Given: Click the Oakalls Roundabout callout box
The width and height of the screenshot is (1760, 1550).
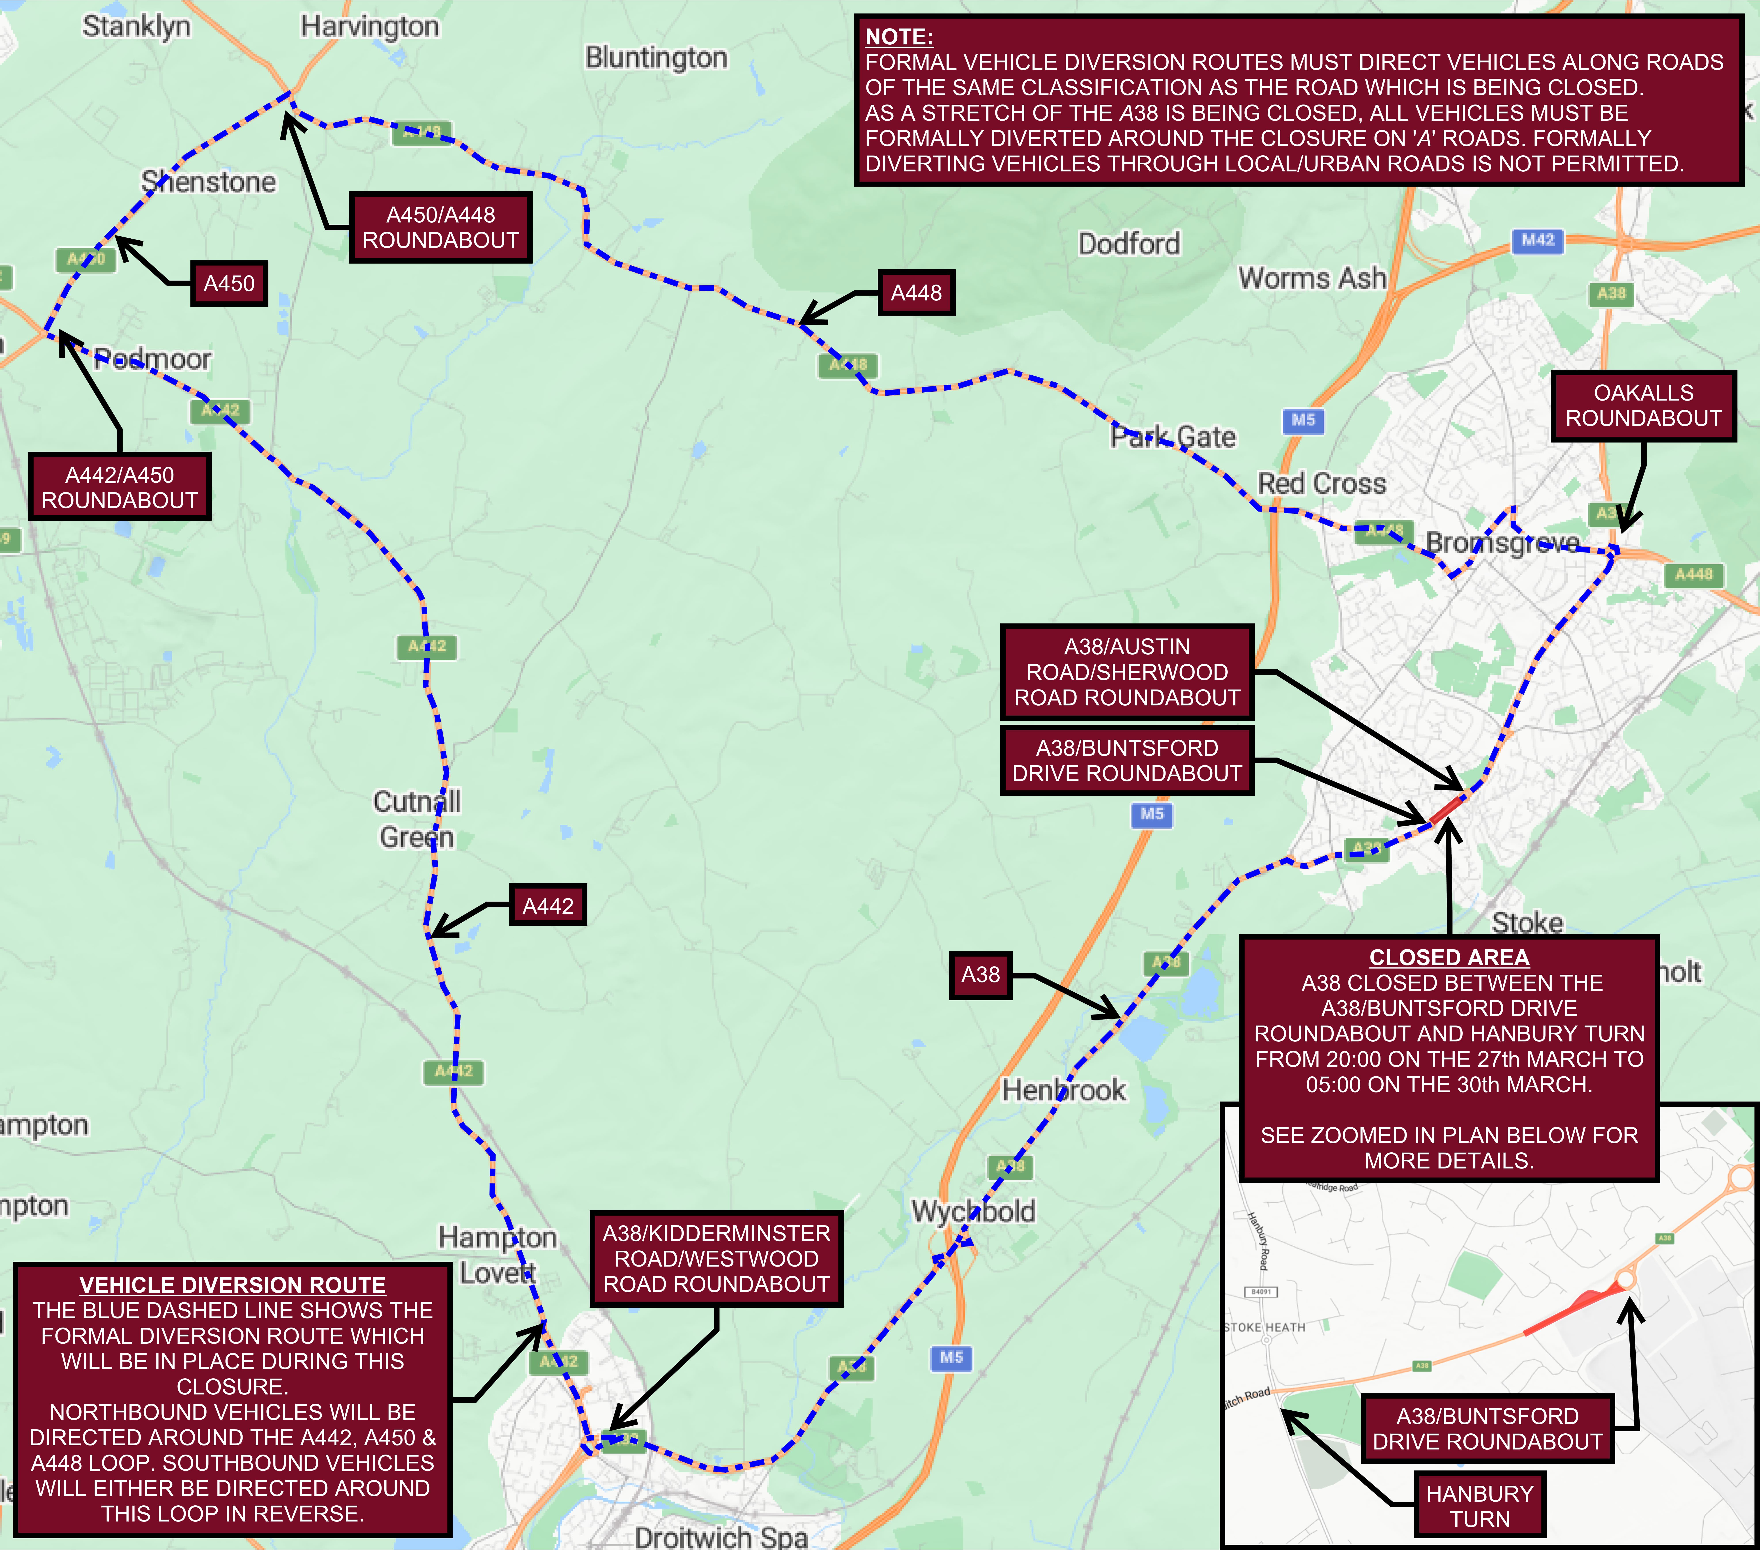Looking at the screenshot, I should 1643,406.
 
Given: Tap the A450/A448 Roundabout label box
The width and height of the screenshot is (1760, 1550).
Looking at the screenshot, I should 440,227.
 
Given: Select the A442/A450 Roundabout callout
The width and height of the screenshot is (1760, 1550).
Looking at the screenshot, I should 120,487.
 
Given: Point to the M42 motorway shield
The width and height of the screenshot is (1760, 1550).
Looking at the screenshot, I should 1538,240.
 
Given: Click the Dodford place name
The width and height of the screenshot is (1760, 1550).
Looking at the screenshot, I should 1129,244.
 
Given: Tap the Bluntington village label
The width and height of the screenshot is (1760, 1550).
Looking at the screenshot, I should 656,58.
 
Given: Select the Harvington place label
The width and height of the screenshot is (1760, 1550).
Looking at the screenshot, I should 369,27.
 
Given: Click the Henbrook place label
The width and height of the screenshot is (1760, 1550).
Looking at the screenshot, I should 1063,1090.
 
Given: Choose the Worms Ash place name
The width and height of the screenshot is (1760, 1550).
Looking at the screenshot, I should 1311,278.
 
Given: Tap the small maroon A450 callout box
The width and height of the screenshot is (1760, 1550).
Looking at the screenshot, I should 229,283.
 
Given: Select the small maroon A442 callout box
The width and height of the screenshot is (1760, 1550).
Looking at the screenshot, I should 548,905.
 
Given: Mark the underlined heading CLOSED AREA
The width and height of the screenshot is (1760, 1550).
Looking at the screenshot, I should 1449,957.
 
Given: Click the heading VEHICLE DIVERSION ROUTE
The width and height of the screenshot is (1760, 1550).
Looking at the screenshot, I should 232,1285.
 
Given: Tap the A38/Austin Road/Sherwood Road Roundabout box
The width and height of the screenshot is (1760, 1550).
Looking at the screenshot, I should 1126,672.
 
